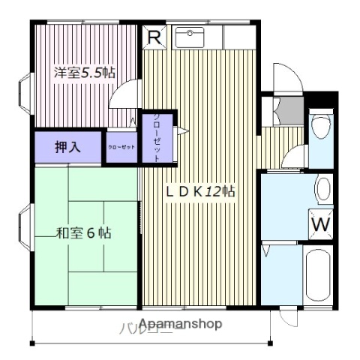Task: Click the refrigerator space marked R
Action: click(x=154, y=37)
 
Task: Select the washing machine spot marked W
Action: click(x=319, y=223)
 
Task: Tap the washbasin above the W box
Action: click(x=323, y=189)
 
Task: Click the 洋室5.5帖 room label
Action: click(x=83, y=73)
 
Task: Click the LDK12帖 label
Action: click(x=200, y=191)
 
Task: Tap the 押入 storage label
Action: click(x=66, y=146)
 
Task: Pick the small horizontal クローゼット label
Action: click(x=121, y=147)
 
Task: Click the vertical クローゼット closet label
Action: click(x=157, y=138)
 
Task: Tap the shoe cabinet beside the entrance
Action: click(x=284, y=110)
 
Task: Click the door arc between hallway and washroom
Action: click(x=295, y=157)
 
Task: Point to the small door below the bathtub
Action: click(x=286, y=316)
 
